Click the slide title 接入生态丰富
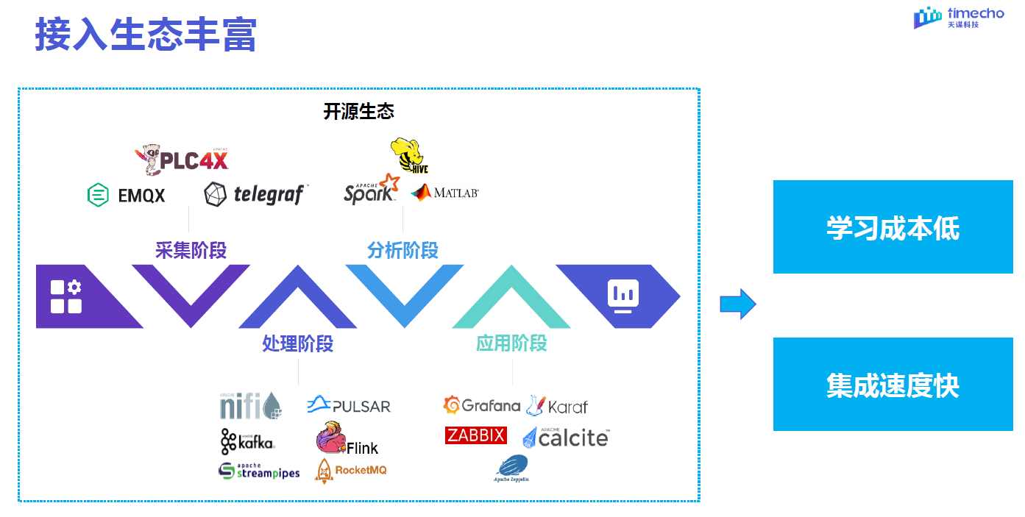pos(146,35)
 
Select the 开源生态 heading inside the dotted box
pos(358,111)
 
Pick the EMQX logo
pos(126,195)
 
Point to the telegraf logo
pos(256,194)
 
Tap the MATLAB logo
pos(445,193)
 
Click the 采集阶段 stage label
pos(191,250)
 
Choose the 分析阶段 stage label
pos(402,250)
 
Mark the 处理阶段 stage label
pos(298,343)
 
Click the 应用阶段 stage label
pos(511,343)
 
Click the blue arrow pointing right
pos(737,304)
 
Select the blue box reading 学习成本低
pos(893,227)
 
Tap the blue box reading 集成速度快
pos(893,385)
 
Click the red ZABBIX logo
pos(476,435)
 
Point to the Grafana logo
pos(482,405)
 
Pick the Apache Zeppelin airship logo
pos(511,468)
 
